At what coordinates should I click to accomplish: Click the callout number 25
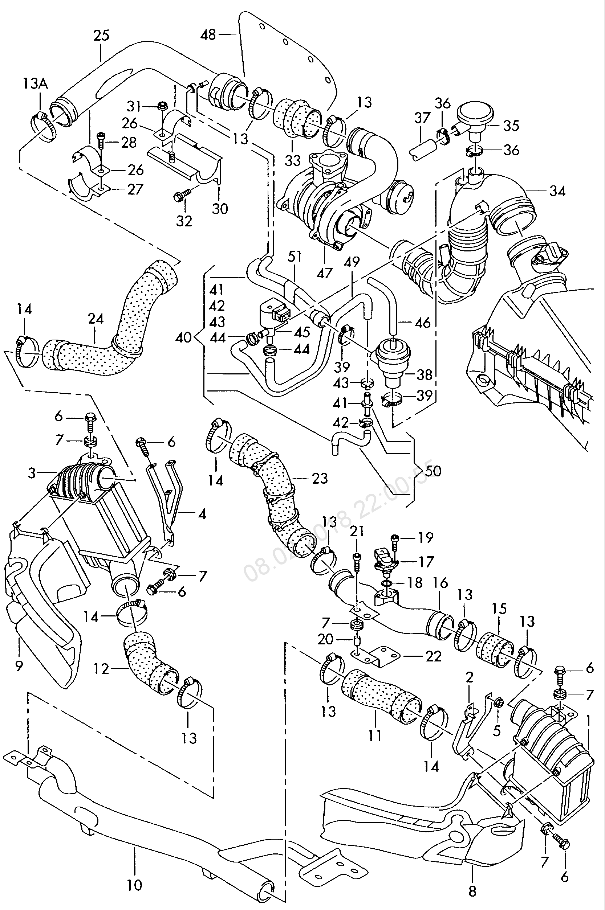click(x=101, y=36)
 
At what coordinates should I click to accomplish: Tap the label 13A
click(x=35, y=83)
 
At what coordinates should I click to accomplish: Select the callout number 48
click(x=208, y=35)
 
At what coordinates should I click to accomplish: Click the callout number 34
click(x=557, y=190)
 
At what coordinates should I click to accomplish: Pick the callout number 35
click(x=511, y=126)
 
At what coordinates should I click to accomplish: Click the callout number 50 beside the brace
click(x=433, y=471)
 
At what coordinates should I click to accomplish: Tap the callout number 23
click(x=320, y=478)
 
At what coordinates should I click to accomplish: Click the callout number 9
click(x=19, y=665)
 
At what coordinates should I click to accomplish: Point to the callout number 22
click(x=433, y=656)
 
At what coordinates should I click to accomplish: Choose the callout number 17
click(x=426, y=562)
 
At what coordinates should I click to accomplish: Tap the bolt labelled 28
click(x=101, y=141)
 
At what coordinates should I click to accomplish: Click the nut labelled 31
click(x=162, y=106)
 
